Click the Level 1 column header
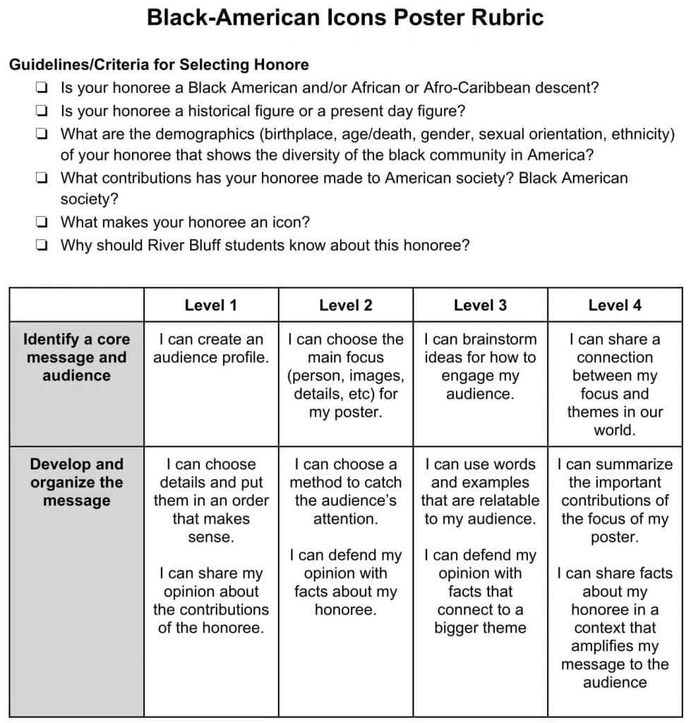pyautogui.click(x=210, y=305)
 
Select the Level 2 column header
pyautogui.click(x=345, y=305)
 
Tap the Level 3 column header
pyautogui.click(x=480, y=305)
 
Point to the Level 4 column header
pyautogui.click(x=615, y=305)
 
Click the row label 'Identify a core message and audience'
pyautogui.click(x=76, y=357)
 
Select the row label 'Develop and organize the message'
pyautogui.click(x=76, y=482)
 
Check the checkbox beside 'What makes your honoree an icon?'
pyautogui.click(x=42, y=222)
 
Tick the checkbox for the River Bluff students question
pyautogui.click(x=42, y=246)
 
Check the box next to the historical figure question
pyautogui.click(x=42, y=112)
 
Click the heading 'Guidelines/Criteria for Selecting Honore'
pyautogui.click(x=159, y=65)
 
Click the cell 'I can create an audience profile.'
pyautogui.click(x=210, y=348)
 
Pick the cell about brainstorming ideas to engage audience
pyautogui.click(x=480, y=366)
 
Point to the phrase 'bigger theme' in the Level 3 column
pyautogui.click(x=480, y=628)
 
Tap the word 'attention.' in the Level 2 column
pyautogui.click(x=345, y=519)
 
